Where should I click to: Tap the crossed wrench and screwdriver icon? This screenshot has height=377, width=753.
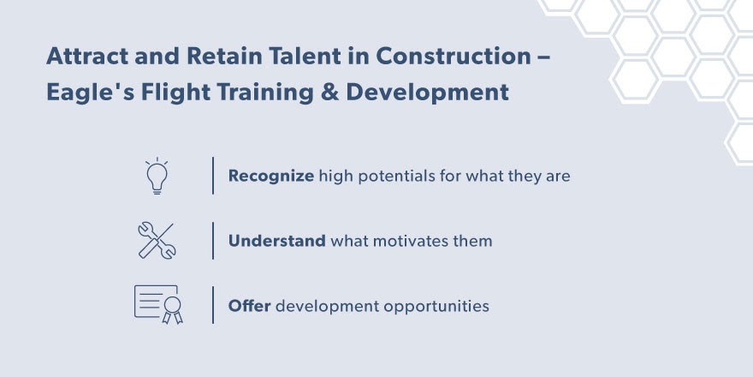pos(157,241)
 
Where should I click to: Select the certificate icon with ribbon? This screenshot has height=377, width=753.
pos(158,304)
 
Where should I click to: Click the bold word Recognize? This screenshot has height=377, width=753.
pos(271,176)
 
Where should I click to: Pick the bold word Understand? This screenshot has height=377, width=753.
pos(276,241)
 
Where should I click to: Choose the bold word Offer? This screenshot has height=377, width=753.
pos(249,306)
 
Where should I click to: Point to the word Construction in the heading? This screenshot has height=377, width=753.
pos(453,57)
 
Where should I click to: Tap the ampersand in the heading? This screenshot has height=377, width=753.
pos(330,93)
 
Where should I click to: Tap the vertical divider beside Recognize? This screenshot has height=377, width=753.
pos(213,176)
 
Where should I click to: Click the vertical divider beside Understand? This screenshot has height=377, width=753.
pos(213,241)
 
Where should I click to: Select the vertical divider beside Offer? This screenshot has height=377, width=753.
pos(213,305)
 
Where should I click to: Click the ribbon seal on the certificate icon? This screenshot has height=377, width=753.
pos(172,309)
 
